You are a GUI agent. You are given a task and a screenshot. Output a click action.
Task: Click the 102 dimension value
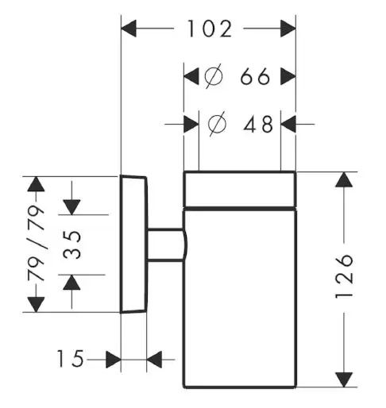point(210,29)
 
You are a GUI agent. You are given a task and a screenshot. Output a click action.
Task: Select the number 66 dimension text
point(255,76)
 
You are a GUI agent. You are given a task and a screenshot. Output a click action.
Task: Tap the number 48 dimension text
point(258,124)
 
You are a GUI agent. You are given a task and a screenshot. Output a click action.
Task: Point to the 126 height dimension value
point(344,277)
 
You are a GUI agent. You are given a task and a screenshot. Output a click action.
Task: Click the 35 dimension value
point(71,244)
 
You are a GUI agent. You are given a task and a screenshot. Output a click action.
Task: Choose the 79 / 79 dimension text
point(36,243)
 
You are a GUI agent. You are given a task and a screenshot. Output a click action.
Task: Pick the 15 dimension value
point(70,359)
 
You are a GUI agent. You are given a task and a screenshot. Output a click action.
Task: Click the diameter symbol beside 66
point(214,76)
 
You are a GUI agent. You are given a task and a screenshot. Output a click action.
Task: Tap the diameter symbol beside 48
point(217,124)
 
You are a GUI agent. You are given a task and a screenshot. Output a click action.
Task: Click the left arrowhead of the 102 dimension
point(129,29)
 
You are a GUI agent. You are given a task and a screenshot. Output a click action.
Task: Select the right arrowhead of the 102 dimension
point(288,29)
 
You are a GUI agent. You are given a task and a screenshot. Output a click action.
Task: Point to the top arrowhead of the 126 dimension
point(344,179)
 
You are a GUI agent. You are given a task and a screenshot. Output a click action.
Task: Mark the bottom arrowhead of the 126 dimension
point(344,379)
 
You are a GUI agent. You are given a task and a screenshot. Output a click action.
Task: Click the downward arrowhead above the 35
point(71,207)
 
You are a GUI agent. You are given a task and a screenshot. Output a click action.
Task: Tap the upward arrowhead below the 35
point(71,283)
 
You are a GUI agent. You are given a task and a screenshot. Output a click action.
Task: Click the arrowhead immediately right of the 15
point(114,360)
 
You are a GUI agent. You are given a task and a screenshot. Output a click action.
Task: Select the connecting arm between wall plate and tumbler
point(167,245)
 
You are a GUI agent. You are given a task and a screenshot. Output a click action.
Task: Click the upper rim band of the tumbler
point(240,189)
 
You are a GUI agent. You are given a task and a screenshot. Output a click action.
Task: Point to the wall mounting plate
point(133,244)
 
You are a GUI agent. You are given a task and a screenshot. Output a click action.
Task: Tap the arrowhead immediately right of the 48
point(288,124)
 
